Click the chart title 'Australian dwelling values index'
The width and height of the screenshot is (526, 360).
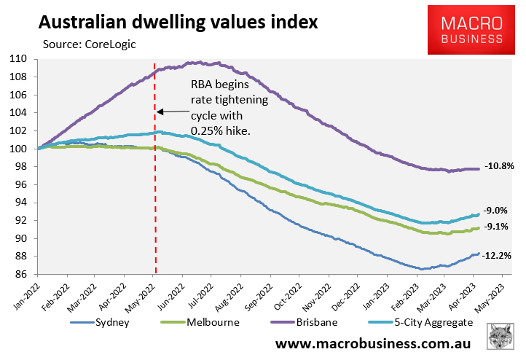point(178,22)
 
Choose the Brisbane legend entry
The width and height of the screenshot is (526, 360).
point(302,323)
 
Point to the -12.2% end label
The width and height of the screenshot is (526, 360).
point(499,256)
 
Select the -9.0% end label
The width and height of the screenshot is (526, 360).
point(496,210)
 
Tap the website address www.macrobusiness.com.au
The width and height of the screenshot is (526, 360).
point(372,343)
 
